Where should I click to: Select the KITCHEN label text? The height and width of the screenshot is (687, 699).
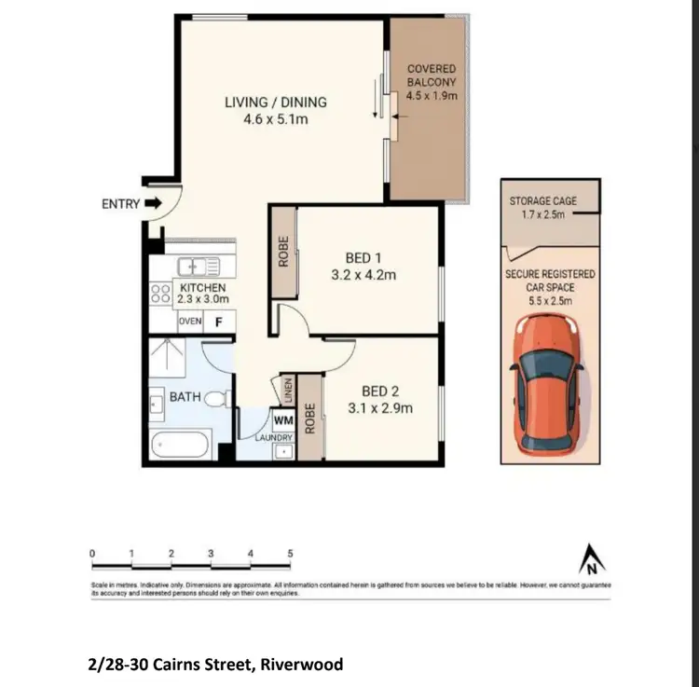point(203,287)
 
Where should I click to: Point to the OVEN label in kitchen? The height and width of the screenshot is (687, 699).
point(190,322)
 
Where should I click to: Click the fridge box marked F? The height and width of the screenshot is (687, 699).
point(220,322)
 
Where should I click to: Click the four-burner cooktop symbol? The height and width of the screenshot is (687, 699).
point(159,295)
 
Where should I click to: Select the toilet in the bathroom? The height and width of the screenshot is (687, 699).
point(217,399)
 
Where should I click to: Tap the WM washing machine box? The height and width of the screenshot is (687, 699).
point(284,420)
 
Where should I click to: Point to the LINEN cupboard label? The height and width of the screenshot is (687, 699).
point(289,390)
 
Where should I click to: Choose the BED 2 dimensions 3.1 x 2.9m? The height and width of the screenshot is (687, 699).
point(380,407)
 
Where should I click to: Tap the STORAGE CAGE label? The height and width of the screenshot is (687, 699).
point(543,201)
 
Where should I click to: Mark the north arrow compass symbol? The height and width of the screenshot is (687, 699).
point(590,561)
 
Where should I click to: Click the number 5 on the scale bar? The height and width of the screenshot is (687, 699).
point(290,553)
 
